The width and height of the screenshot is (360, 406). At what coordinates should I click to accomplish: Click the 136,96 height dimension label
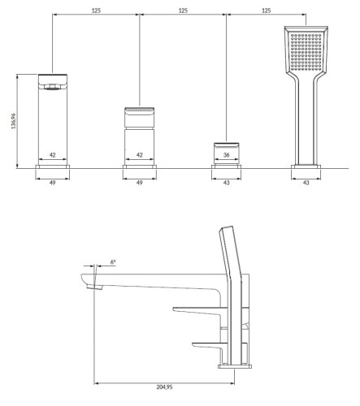(x=14, y=121)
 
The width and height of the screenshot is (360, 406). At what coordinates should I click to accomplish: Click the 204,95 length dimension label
(x=164, y=387)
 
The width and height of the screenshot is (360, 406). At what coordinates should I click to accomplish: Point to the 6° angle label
(x=113, y=262)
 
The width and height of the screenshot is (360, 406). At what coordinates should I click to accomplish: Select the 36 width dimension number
(x=227, y=155)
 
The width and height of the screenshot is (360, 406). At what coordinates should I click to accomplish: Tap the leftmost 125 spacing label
(x=96, y=11)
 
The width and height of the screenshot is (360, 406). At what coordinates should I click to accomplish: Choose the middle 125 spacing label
(x=183, y=11)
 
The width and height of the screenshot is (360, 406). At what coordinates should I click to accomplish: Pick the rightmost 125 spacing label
(x=267, y=11)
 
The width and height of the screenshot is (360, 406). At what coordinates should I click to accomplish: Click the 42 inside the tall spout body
(x=53, y=155)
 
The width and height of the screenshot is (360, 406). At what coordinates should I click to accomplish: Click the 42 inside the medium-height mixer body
(x=140, y=155)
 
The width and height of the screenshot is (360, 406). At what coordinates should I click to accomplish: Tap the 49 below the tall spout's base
(x=53, y=183)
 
